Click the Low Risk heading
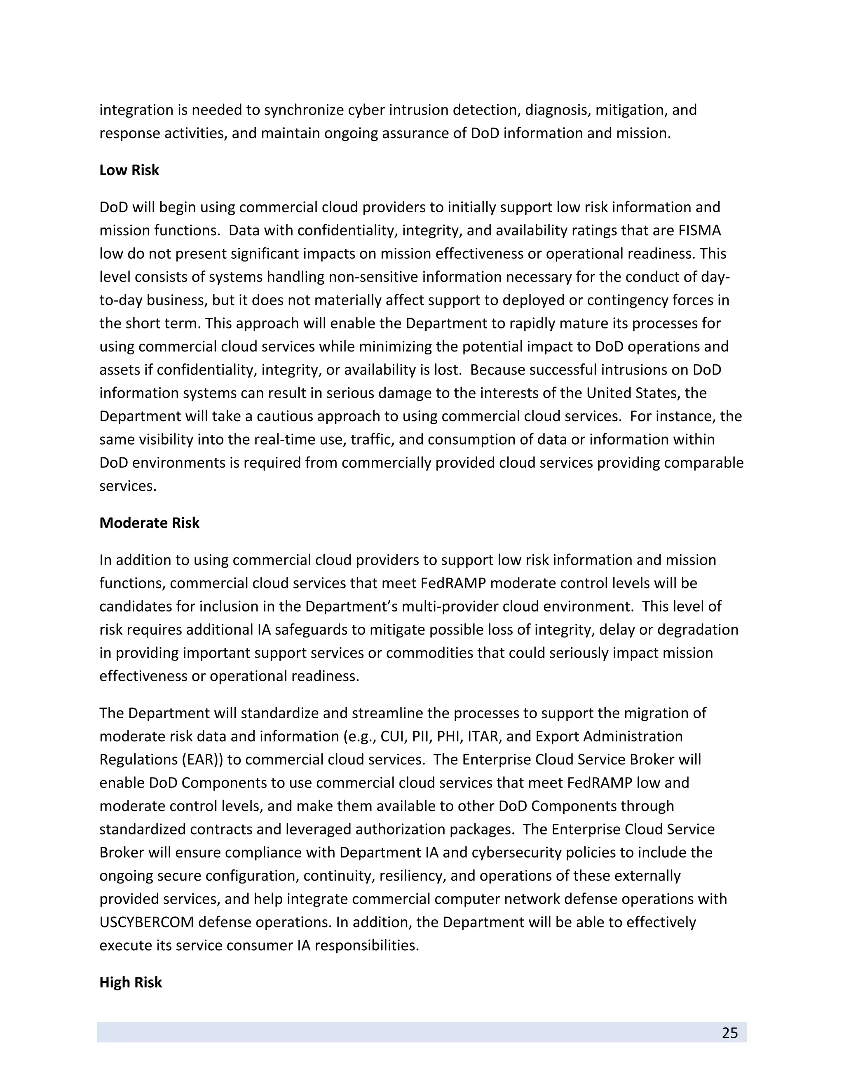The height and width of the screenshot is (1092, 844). [x=129, y=170]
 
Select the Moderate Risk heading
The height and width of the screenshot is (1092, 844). [x=149, y=523]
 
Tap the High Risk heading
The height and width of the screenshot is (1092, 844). [x=131, y=982]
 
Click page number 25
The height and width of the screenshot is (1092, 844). [x=729, y=1033]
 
